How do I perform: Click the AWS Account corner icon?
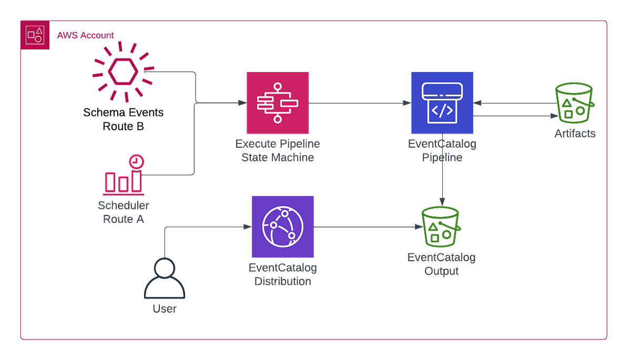[x=35, y=36]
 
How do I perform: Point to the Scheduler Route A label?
[x=124, y=212]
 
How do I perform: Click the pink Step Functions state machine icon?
[x=278, y=103]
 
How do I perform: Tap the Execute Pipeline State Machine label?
[x=278, y=150]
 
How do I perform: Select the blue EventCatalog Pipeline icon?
[x=442, y=103]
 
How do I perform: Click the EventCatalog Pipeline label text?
[x=442, y=150]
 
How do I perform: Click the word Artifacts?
[x=575, y=134]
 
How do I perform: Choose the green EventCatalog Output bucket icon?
[x=442, y=227]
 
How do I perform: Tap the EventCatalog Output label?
[x=442, y=264]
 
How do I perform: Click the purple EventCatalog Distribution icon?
[x=283, y=227]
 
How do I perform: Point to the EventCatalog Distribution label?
[x=283, y=275]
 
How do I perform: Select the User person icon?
[x=165, y=279]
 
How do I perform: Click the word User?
[x=165, y=309]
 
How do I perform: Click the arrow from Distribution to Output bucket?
[x=368, y=227]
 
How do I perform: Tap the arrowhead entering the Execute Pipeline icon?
[x=242, y=103]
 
